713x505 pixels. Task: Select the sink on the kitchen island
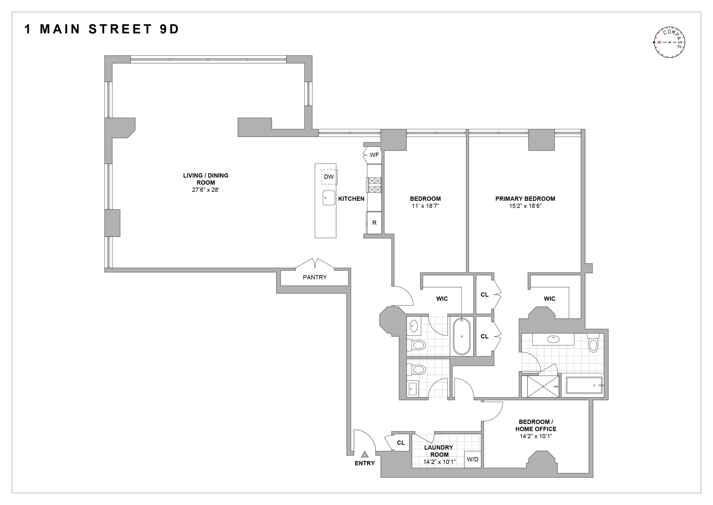(328, 198)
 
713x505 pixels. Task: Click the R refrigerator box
(374, 223)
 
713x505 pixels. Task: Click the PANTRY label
(314, 277)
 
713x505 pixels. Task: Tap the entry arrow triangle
(365, 454)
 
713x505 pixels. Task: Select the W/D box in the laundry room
(472, 459)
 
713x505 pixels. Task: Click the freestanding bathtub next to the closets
(462, 336)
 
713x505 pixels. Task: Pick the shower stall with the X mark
(543, 386)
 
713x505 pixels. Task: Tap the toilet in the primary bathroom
(593, 344)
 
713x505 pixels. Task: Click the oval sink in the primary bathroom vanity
(553, 339)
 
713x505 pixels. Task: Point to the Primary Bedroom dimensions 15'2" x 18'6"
(525, 206)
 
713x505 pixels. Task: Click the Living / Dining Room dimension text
(206, 190)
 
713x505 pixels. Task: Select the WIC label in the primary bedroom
(549, 299)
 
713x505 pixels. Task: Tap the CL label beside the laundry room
(401, 443)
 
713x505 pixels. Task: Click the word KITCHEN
(351, 199)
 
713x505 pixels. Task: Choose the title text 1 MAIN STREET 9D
(102, 29)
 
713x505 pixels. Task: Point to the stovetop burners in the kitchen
(374, 185)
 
